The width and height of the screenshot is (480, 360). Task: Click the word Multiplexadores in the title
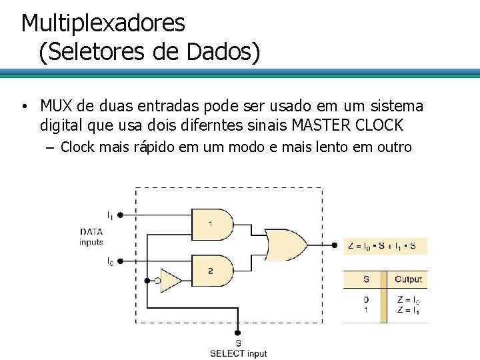click(x=103, y=23)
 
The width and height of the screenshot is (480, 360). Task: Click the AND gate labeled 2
click(x=211, y=270)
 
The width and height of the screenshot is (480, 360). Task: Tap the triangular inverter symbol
click(x=171, y=281)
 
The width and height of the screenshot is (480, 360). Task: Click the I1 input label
click(x=110, y=215)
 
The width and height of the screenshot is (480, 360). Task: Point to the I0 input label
click(x=110, y=262)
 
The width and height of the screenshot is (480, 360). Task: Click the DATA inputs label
click(x=91, y=237)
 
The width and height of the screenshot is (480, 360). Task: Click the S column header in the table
click(x=365, y=279)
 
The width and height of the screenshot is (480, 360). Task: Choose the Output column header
click(x=408, y=279)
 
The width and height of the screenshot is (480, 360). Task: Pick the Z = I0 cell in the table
click(x=408, y=301)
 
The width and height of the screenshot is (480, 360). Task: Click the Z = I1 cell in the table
click(x=408, y=310)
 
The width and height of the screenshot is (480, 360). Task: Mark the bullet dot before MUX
click(x=23, y=107)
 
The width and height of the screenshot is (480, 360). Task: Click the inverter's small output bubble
click(x=157, y=281)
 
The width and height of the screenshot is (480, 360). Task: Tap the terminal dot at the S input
click(x=238, y=331)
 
